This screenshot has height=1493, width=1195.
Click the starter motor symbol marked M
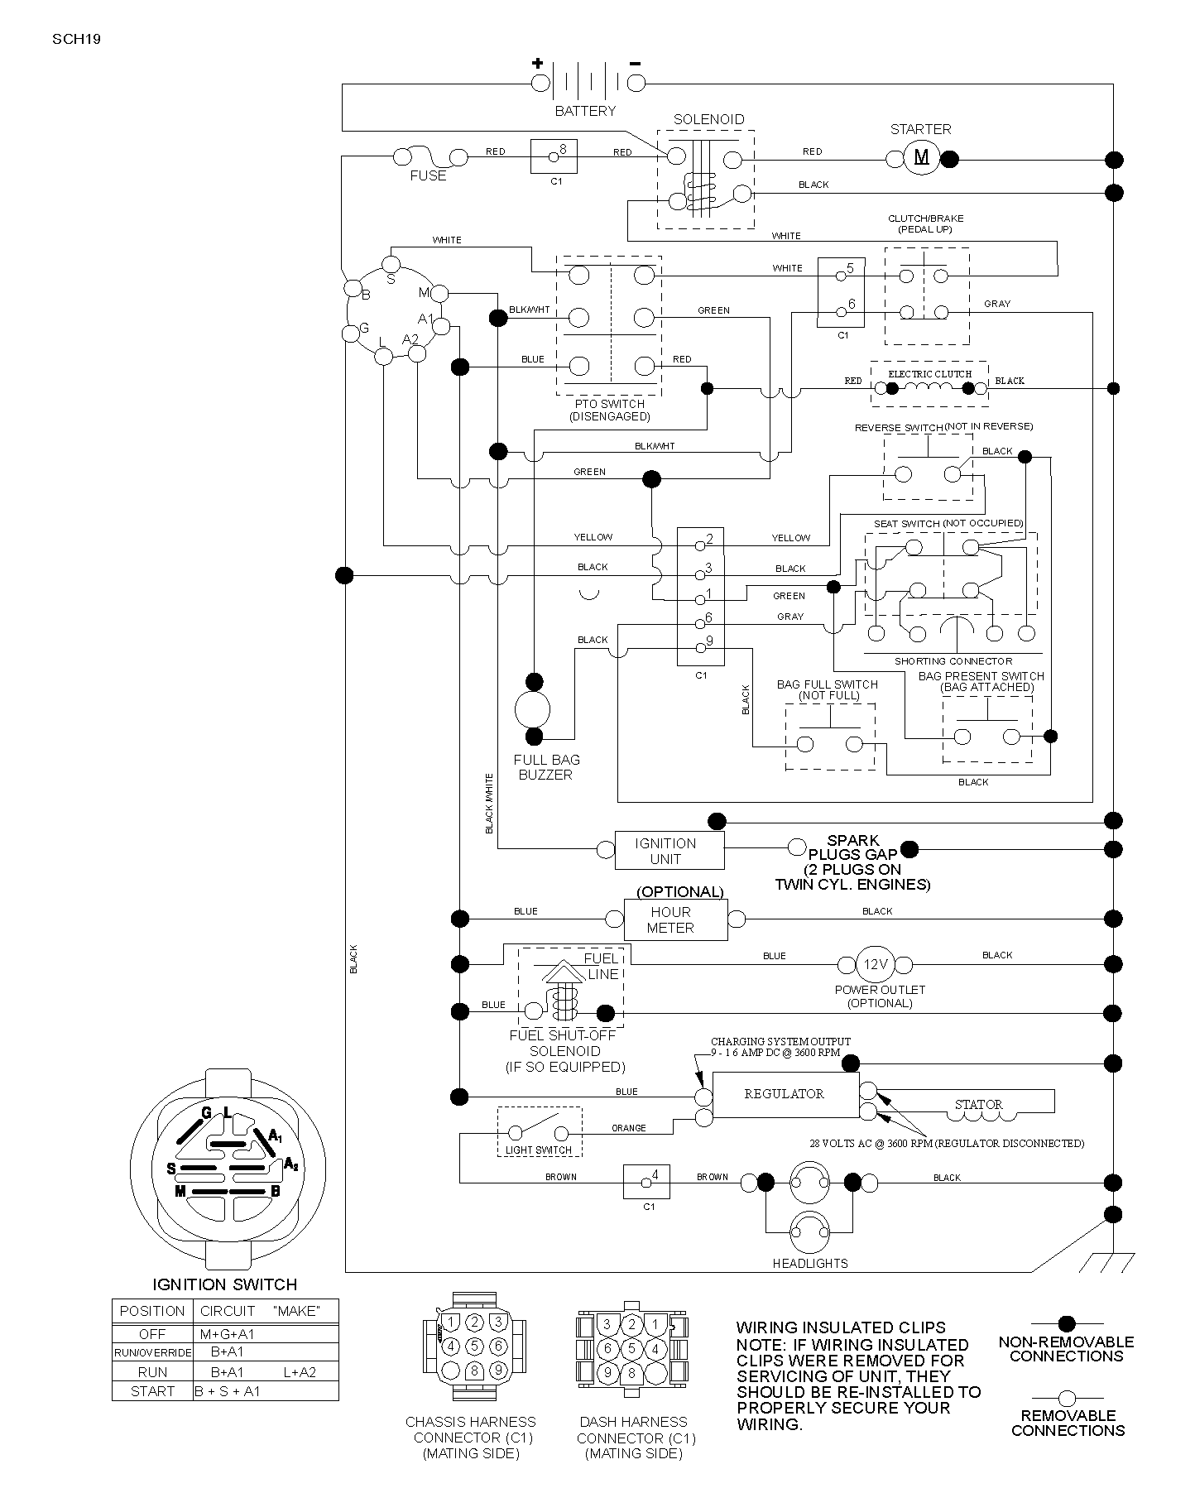(x=921, y=157)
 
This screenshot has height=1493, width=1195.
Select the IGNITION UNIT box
(x=669, y=851)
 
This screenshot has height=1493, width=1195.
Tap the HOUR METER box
(x=676, y=919)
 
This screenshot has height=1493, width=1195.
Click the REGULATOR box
(x=785, y=1094)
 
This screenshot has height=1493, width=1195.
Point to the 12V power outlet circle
(x=876, y=964)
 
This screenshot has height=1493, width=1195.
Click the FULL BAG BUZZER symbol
(x=532, y=709)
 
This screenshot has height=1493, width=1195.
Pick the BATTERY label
(x=585, y=111)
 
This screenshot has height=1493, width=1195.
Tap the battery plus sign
(x=538, y=63)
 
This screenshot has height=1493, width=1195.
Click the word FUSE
(x=428, y=175)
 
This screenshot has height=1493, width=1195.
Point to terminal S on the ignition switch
(x=391, y=264)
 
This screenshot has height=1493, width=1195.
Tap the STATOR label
(x=978, y=1105)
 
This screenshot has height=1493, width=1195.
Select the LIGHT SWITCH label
(x=539, y=1150)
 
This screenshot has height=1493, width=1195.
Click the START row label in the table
(x=152, y=1391)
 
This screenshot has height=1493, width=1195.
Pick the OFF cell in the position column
(x=152, y=1333)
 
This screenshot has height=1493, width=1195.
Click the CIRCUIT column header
(x=228, y=1311)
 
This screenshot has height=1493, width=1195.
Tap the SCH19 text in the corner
(x=76, y=39)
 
